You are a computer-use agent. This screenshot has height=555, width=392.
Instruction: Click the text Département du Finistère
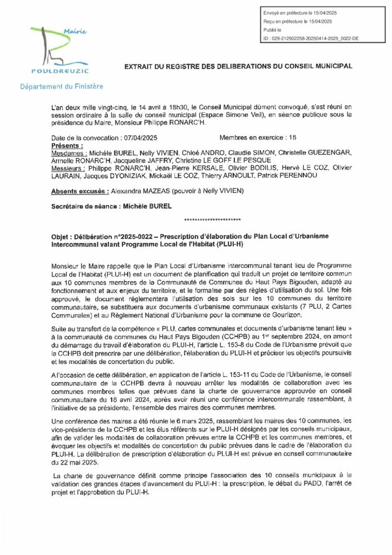coord(61,86)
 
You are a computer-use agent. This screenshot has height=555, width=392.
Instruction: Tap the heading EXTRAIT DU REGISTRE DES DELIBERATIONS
coord(238,66)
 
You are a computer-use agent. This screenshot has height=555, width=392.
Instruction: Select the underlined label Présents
coord(67,146)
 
